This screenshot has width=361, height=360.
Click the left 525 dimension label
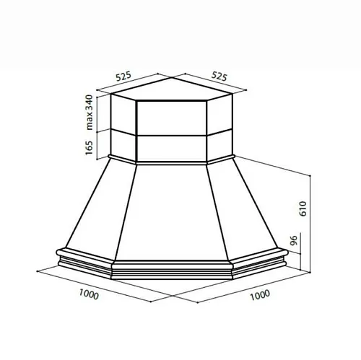[123, 76]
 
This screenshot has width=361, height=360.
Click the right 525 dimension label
[219, 76]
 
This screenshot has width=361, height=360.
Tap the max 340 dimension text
[90, 113]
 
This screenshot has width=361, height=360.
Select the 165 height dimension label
[89, 148]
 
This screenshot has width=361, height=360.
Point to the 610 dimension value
[303, 208]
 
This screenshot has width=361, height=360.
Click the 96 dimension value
[294, 240]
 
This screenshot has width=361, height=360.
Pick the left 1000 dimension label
[89, 294]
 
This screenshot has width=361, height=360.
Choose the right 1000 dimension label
[260, 295]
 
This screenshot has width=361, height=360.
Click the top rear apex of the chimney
[172, 77]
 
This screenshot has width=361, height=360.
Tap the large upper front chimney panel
[172, 118]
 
